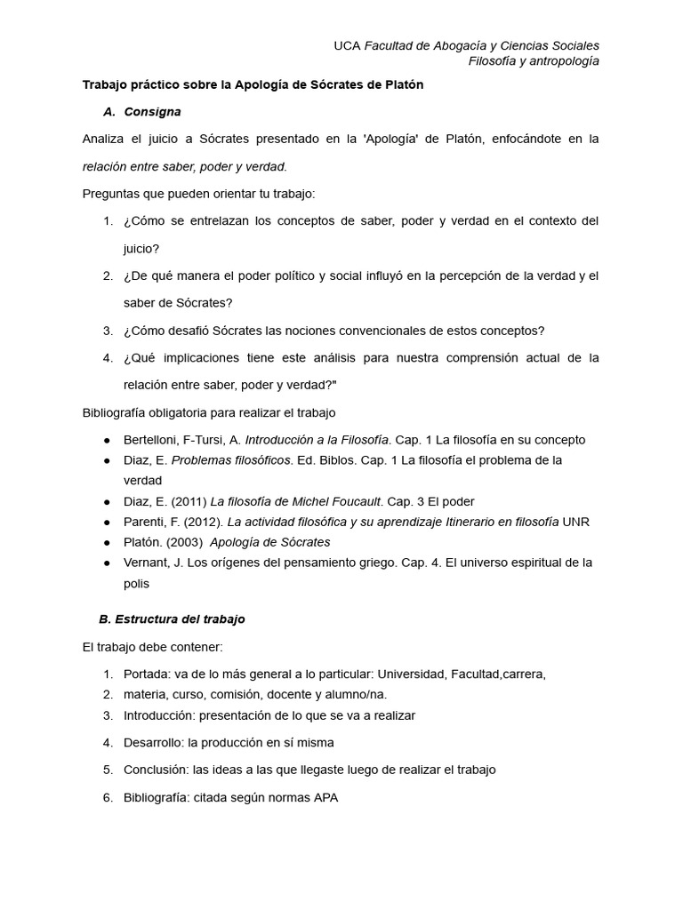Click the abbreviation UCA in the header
(348, 45)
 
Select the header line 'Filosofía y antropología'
(534, 61)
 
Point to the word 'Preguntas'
(111, 193)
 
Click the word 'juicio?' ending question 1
(141, 248)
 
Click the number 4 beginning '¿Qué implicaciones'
(107, 358)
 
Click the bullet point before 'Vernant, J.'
(107, 563)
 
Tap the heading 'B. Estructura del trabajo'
(172, 619)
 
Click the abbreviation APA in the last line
(325, 798)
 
